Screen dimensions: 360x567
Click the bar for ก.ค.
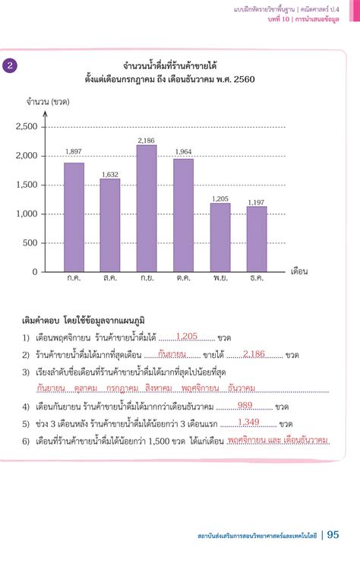tap(74, 217)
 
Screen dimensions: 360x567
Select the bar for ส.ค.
tap(110, 224)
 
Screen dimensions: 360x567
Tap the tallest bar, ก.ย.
tap(147, 208)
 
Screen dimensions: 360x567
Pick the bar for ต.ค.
tap(183, 214)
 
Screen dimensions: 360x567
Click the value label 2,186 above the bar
tap(147, 141)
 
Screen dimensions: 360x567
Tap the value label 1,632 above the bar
tap(110, 174)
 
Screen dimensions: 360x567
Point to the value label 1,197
tap(256, 202)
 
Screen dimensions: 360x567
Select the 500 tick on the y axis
tap(29, 242)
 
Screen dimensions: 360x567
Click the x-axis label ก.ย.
tap(147, 278)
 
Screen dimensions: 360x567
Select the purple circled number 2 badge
tap(10, 65)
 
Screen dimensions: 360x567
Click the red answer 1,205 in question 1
tap(186, 335)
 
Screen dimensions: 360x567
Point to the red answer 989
tap(245, 405)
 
